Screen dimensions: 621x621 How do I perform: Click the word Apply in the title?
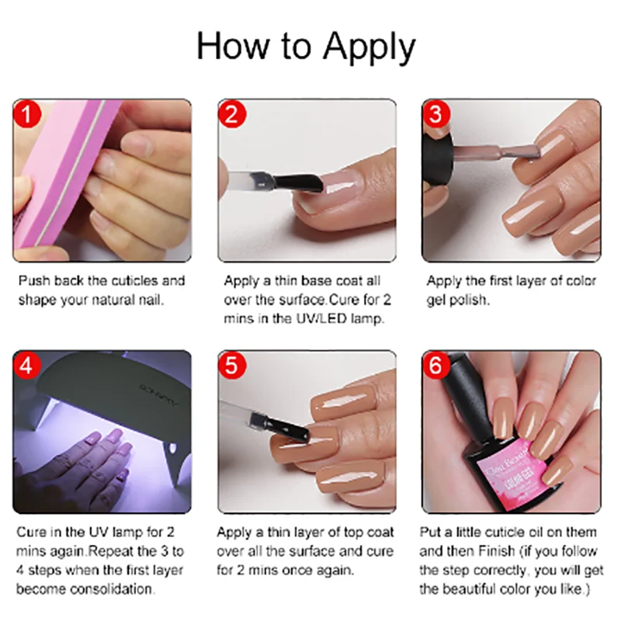(369, 48)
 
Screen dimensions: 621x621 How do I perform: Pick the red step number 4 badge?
(27, 365)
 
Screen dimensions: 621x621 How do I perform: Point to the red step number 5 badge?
(231, 365)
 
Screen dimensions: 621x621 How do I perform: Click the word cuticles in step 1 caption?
(133, 281)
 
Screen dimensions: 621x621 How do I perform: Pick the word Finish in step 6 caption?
(494, 551)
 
